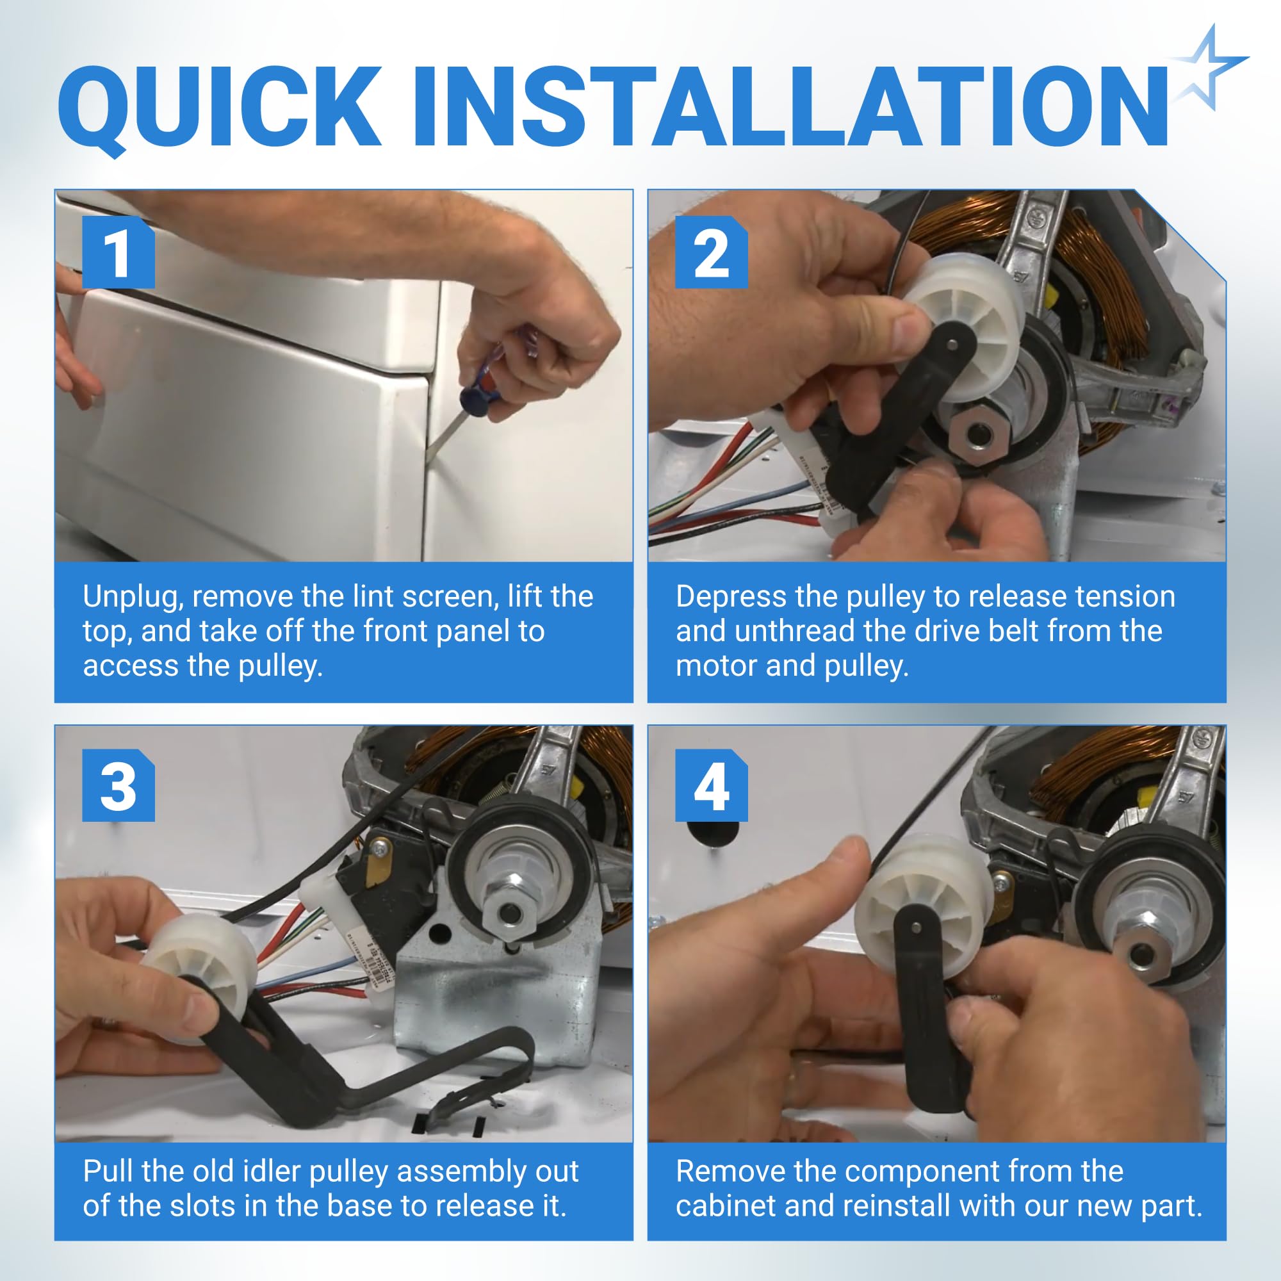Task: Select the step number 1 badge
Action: click(118, 252)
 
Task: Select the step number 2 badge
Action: click(712, 252)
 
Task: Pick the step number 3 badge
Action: click(118, 786)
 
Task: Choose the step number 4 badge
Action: click(712, 786)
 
